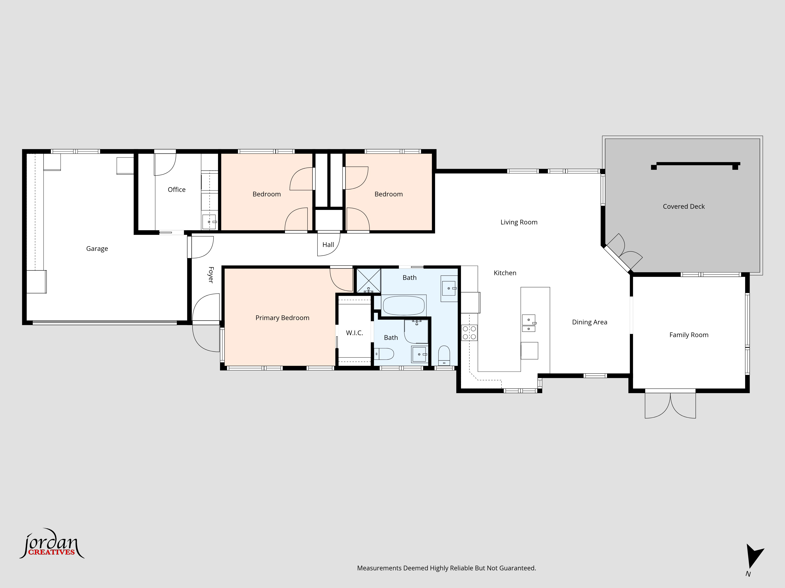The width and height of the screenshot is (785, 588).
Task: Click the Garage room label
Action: pyautogui.click(x=97, y=249)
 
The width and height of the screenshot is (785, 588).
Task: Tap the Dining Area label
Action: pyautogui.click(x=590, y=322)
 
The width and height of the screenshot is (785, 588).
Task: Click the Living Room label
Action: pyautogui.click(x=519, y=222)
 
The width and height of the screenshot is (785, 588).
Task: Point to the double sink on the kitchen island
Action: pyautogui.click(x=529, y=323)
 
